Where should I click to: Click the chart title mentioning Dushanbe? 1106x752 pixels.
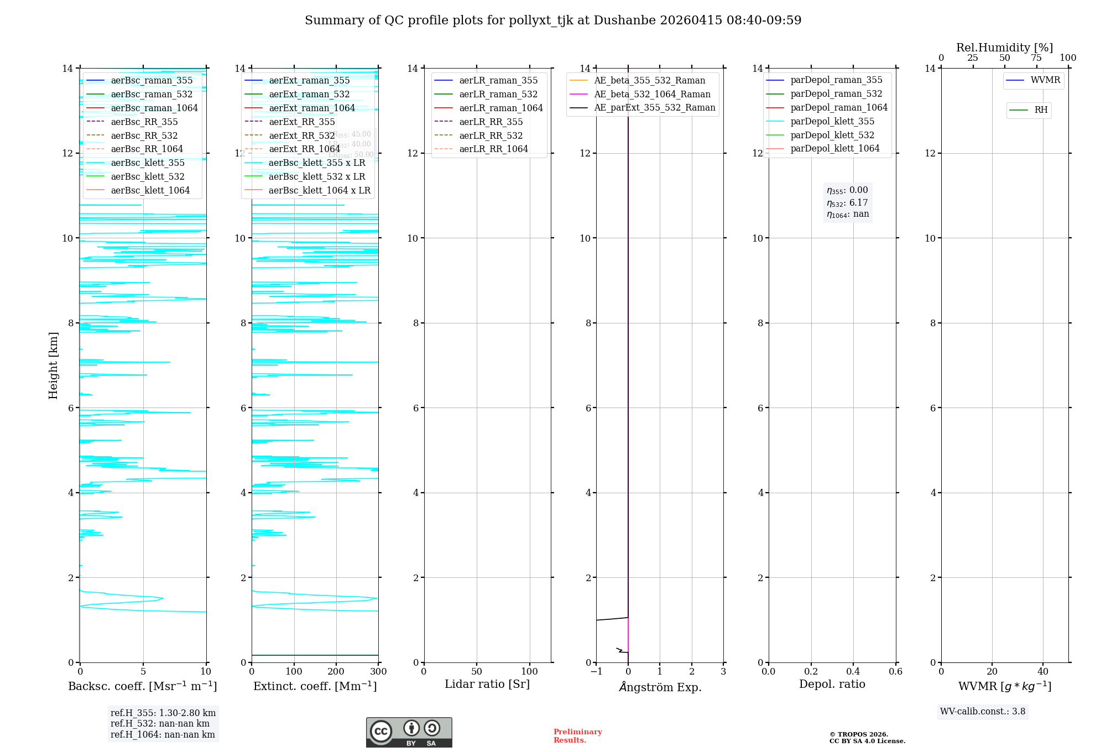click(553, 20)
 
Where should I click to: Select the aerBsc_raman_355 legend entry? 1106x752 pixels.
click(152, 81)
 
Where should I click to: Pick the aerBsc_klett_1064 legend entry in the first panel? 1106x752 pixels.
click(150, 190)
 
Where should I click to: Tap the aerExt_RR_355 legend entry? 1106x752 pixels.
click(302, 122)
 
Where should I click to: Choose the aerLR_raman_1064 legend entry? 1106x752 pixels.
click(501, 108)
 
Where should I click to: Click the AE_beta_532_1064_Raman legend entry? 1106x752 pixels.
click(652, 94)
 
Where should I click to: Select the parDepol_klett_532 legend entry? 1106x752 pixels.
click(832, 135)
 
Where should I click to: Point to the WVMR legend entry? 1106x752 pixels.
click(1045, 80)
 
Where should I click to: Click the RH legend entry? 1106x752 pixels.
click(1041, 110)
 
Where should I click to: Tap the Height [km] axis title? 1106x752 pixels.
click(53, 365)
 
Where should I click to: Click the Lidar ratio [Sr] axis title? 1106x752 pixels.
click(487, 684)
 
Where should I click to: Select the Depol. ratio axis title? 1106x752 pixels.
click(832, 684)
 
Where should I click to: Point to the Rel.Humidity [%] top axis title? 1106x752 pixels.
click(1004, 48)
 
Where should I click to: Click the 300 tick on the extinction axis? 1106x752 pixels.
click(378, 672)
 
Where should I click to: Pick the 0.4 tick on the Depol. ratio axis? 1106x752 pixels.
click(853, 672)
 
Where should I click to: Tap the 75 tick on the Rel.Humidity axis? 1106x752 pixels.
click(1036, 58)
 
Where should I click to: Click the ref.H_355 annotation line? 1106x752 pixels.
click(163, 713)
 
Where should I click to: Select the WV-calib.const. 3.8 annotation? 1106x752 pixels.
click(982, 712)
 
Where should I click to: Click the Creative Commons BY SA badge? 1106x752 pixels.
click(409, 732)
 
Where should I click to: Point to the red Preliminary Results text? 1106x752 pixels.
click(577, 736)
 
